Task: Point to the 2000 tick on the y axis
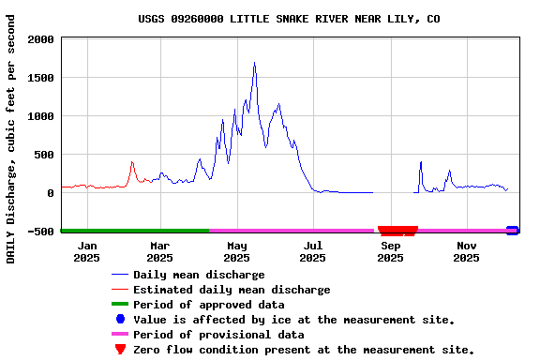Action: [x=41, y=39]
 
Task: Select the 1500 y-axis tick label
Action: [x=41, y=78]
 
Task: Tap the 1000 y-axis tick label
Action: [x=41, y=116]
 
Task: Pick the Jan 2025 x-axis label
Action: [x=86, y=251]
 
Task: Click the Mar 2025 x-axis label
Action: [x=159, y=251]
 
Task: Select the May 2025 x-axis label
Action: [x=236, y=251]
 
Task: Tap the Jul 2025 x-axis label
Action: [x=312, y=251]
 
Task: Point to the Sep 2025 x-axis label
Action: [x=390, y=251]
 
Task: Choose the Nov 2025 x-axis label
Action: [x=466, y=251]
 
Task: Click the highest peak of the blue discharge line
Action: [x=254, y=63]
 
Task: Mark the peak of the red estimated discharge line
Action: [x=132, y=161]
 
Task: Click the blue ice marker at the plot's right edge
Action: [x=512, y=230]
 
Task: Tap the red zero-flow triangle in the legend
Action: [x=119, y=350]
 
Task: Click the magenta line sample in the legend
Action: [x=119, y=335]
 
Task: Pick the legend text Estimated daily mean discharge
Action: [x=232, y=290]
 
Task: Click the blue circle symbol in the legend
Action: [x=119, y=320]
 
